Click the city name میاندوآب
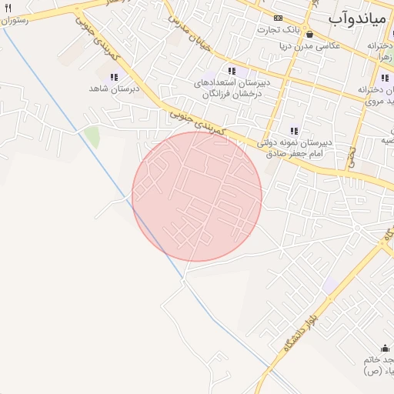[361, 17]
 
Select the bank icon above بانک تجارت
[278, 18]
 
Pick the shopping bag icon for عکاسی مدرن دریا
[309, 35]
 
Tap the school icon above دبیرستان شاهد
[115, 78]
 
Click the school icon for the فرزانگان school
[232, 71]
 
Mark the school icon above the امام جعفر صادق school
[293, 130]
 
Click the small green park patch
[92, 137]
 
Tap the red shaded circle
[197, 196]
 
